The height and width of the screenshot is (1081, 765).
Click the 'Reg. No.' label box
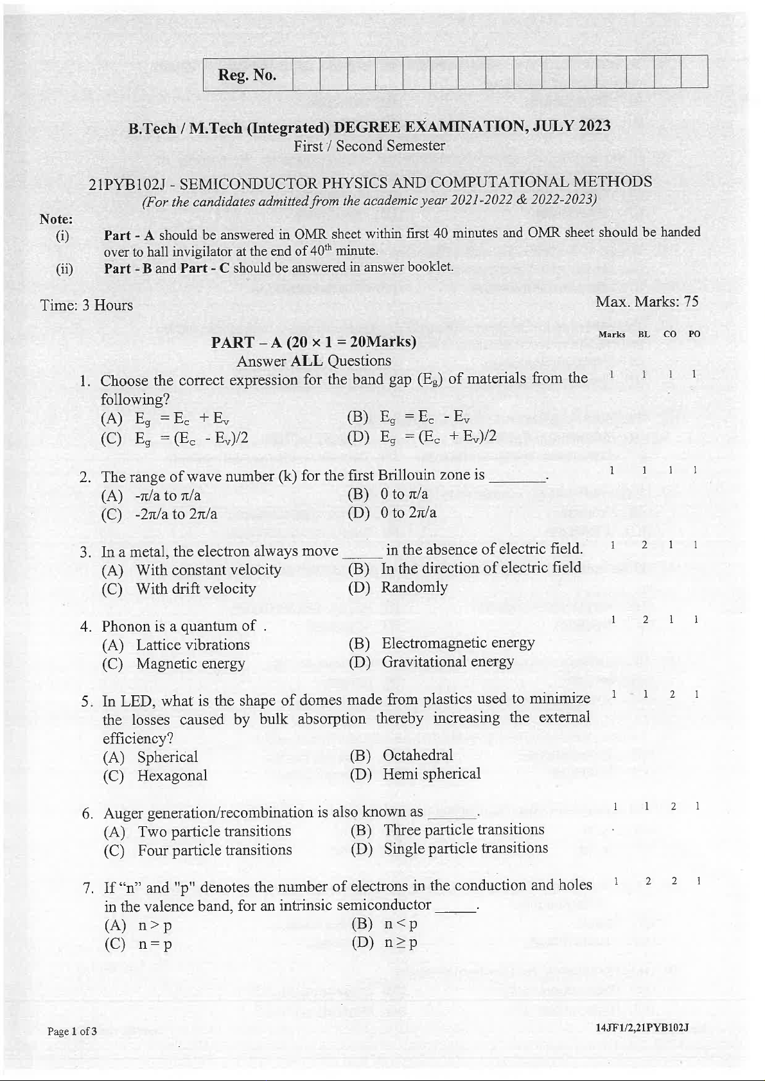point(247,75)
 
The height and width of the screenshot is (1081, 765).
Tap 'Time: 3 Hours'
point(87,305)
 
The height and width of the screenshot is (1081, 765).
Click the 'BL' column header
point(644,334)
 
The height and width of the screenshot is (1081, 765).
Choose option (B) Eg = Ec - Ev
point(409,417)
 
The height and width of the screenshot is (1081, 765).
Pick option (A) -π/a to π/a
point(152,496)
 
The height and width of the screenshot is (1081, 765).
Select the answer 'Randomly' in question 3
point(414,587)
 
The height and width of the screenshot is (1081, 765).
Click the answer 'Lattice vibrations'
point(193,645)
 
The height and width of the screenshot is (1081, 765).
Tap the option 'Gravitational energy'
point(447,662)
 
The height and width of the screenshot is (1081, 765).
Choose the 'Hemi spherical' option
point(431,774)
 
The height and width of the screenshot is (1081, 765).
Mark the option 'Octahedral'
point(418,756)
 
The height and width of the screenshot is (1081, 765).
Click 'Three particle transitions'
point(464,830)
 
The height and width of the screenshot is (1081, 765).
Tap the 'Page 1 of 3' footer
point(72,1032)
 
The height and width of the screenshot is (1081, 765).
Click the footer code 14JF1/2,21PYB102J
point(642,1028)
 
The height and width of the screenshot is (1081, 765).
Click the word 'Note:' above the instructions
point(56,219)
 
